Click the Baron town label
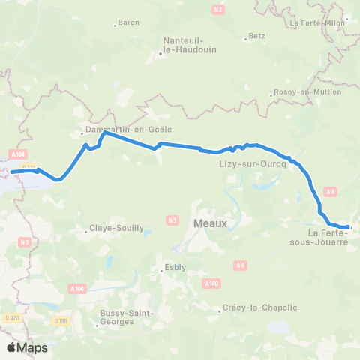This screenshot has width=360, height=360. [x=129, y=23]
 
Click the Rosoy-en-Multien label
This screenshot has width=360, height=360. [x=307, y=91]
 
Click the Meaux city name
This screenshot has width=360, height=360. [x=210, y=223]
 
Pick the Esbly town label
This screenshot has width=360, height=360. [x=174, y=267]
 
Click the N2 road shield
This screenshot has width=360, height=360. [x=219, y=9]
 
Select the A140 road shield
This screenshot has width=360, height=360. [x=211, y=283]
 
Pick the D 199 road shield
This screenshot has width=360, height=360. [x=60, y=321]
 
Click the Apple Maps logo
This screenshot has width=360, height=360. [x=26, y=347]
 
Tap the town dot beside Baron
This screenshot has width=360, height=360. [x=115, y=25]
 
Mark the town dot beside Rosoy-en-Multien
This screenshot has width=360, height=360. [x=271, y=95]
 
